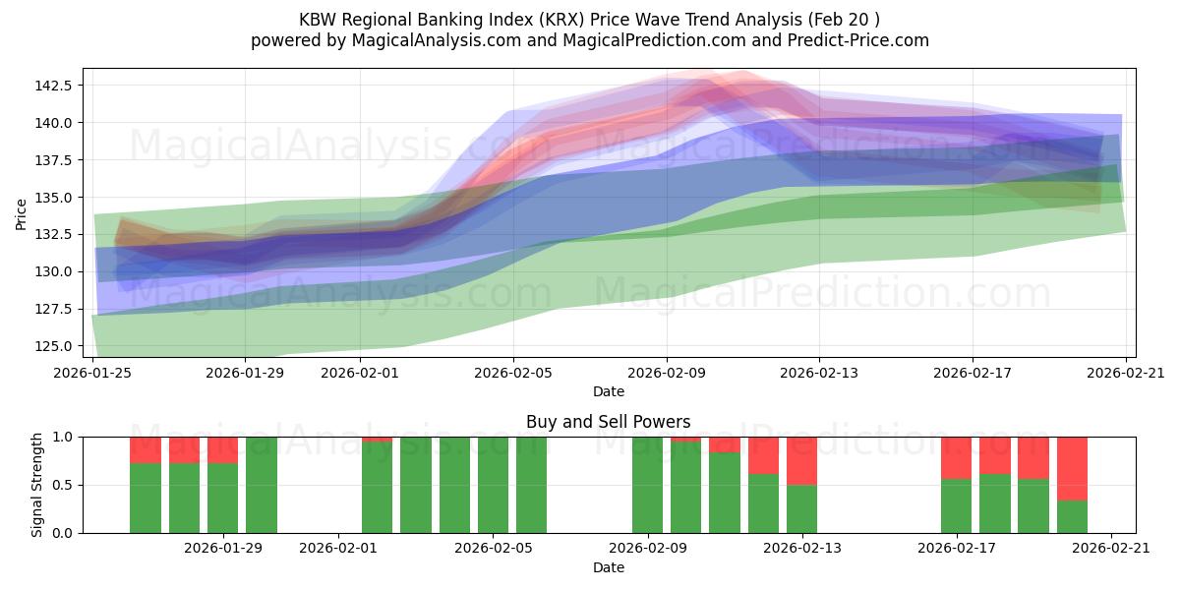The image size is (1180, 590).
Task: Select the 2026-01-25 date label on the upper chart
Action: point(93,373)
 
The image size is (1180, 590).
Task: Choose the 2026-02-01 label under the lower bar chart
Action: point(338,549)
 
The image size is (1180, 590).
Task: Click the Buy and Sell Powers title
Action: point(608,422)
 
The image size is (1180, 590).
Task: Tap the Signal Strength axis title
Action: point(36,485)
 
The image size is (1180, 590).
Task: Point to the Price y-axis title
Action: point(22,213)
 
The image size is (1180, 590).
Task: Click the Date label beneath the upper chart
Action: point(608,391)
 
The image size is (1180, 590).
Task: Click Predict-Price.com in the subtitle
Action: point(863,40)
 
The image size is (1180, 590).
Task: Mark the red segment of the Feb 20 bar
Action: point(1072,468)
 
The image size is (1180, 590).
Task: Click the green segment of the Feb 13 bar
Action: point(801,508)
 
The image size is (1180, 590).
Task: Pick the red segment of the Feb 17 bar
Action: point(956,457)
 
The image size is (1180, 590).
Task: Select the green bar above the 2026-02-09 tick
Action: point(647,485)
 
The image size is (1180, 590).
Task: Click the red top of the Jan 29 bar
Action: point(222,449)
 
